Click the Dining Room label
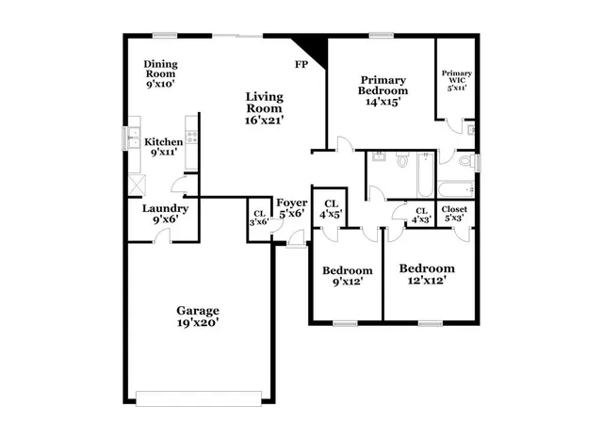161,73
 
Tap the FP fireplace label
301,65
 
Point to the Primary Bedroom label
382,90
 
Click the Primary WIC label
457,79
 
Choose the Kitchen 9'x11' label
163,147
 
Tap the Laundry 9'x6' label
165,214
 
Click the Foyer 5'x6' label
290,207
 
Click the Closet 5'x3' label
453,214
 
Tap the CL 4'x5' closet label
331,209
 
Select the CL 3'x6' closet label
258,217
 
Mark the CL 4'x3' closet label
421,215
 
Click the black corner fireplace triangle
308,46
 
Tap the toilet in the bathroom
401,161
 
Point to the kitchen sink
133,138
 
